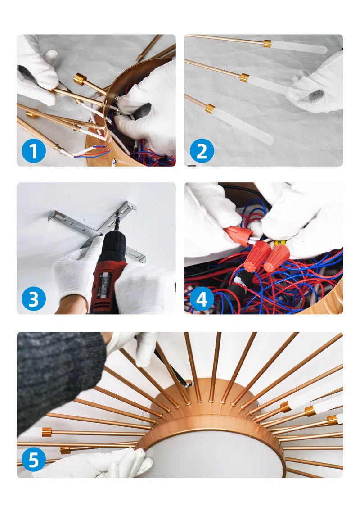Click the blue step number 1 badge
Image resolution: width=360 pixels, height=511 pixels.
[34, 151]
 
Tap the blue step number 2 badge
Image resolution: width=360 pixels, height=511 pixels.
[202, 151]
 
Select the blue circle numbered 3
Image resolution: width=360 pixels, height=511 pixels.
[34, 299]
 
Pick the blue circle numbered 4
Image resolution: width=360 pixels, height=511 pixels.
[202, 299]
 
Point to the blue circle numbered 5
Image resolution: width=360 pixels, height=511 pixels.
[34, 460]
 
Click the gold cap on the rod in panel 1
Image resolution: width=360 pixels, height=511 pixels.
[80, 79]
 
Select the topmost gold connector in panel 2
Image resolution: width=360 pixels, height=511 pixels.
[267, 43]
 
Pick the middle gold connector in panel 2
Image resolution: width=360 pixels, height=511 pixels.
[245, 77]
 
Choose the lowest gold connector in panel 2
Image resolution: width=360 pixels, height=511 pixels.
[210, 109]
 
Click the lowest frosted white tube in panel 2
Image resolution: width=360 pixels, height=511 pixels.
[244, 126]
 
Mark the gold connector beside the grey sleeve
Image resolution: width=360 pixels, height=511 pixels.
[47, 432]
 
